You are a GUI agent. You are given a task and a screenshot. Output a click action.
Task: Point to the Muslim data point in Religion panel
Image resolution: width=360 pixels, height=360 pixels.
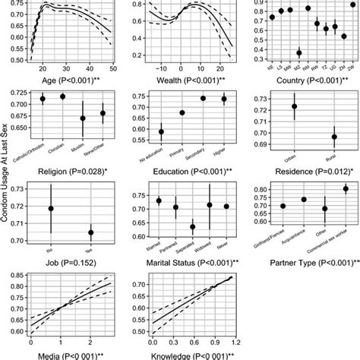[x=83, y=118]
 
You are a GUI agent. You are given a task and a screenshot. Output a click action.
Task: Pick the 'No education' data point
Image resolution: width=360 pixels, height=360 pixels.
[x=160, y=132]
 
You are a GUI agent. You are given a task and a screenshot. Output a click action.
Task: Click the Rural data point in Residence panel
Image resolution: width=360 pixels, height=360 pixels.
[x=334, y=137]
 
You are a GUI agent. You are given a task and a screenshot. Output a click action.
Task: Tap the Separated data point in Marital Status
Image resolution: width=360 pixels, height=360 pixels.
[x=193, y=227]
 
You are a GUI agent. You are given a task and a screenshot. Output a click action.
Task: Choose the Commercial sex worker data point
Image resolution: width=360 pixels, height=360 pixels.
[x=346, y=189]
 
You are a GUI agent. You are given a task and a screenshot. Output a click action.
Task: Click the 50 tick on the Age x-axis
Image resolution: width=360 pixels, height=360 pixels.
[x=112, y=67]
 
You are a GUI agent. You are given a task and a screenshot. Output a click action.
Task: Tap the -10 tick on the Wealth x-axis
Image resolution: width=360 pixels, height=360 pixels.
[x=162, y=67]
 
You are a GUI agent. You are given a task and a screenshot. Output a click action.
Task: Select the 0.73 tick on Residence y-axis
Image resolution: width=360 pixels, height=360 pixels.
[x=265, y=99]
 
